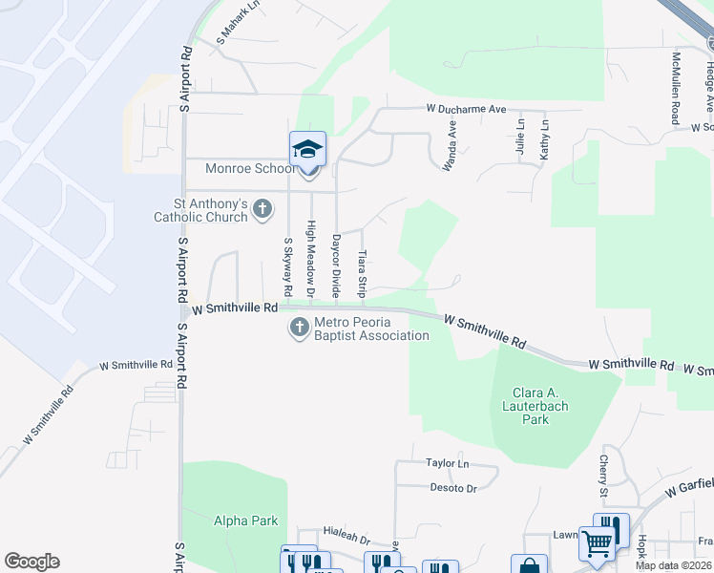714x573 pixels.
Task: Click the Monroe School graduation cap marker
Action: (307, 150)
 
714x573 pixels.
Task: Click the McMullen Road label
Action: (675, 87)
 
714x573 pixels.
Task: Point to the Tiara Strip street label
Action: (362, 273)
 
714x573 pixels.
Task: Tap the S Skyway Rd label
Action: (286, 265)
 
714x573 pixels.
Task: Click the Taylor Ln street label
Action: (448, 463)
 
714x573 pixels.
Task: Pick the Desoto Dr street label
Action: (451, 488)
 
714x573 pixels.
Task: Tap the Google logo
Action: (31, 562)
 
